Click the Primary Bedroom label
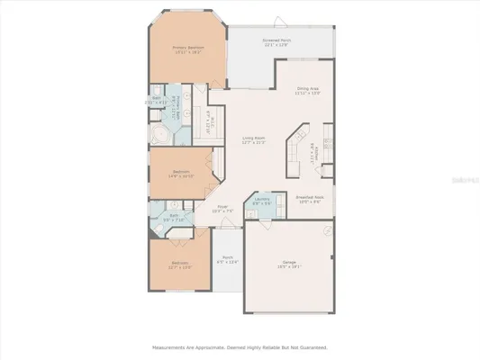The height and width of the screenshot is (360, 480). click(187, 50)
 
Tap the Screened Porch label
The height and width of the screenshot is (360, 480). click(277, 42)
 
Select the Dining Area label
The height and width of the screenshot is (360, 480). click(309, 91)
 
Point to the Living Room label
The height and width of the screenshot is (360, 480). click(253, 140)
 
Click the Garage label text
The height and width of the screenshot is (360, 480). click(289, 265)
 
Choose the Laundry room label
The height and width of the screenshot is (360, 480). click(262, 202)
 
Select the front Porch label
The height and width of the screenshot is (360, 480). click(228, 261)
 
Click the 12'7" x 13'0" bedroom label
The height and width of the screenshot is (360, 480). click(181, 265)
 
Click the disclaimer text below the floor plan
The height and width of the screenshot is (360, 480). click(239, 346)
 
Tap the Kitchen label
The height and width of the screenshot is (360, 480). click(315, 151)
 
